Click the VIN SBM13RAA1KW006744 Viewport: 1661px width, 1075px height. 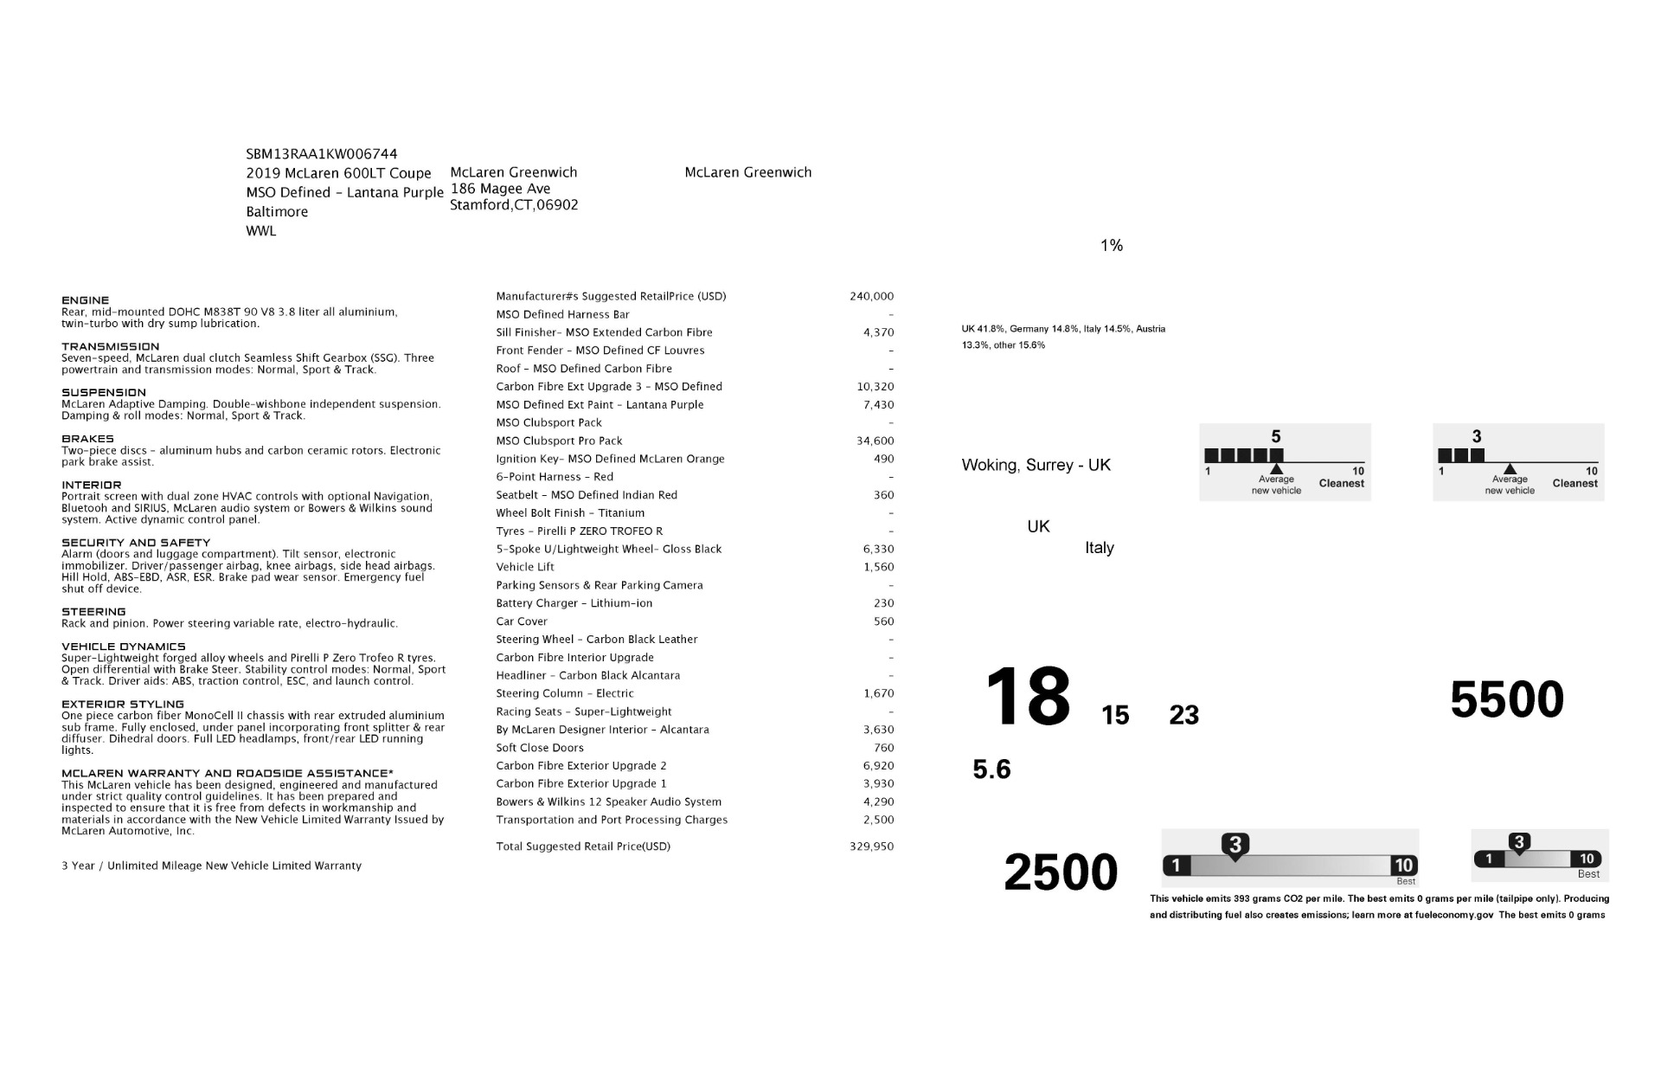point(321,154)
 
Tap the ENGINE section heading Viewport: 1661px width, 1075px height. point(86,300)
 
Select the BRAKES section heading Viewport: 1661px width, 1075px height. point(87,439)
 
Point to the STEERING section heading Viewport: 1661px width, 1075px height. point(93,612)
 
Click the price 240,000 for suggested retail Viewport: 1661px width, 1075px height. point(871,296)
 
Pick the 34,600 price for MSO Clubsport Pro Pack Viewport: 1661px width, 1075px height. point(875,441)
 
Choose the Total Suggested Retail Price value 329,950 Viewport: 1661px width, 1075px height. point(871,846)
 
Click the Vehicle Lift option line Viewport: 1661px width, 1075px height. point(525,567)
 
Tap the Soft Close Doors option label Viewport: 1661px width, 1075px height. point(540,748)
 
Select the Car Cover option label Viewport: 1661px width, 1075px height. point(522,621)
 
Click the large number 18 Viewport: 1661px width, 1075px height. point(1028,697)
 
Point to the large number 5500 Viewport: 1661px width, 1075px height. point(1507,699)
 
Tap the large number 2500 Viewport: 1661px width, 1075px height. point(1061,872)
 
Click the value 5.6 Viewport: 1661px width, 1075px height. point(991,769)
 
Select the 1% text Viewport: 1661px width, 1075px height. point(1112,246)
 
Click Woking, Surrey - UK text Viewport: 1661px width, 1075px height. point(1036,465)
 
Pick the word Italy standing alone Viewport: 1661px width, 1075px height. point(1100,548)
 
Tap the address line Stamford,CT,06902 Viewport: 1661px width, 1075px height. point(514,205)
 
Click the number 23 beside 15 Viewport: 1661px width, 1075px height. point(1183,715)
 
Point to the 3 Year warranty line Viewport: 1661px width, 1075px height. point(211,866)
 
